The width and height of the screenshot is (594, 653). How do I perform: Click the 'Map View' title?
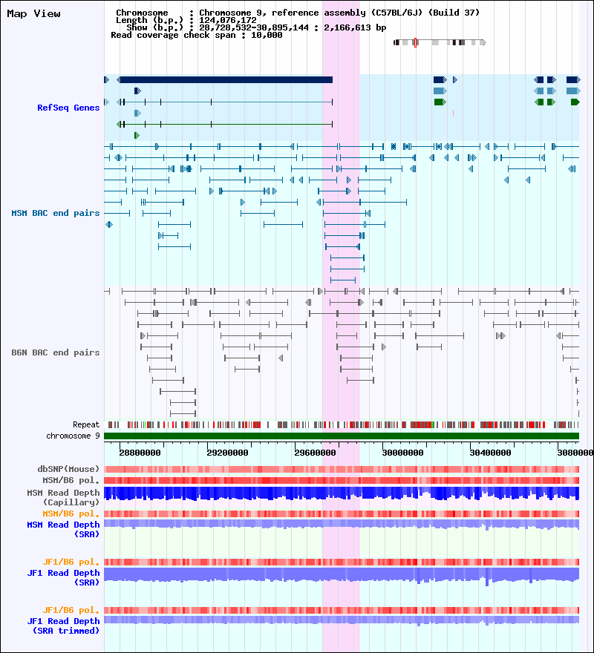coord(33,13)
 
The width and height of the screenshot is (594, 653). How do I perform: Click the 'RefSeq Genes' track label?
coord(68,108)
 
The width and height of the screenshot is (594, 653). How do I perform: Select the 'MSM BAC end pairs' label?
coord(56,213)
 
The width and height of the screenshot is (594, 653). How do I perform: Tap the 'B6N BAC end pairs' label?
coord(56,352)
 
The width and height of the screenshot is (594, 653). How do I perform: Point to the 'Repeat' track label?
coord(86,424)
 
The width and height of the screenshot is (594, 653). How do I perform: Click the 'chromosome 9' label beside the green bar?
coord(73,436)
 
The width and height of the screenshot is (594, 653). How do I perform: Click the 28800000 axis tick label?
coord(140,451)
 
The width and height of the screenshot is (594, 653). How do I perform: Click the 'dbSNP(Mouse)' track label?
coord(68,469)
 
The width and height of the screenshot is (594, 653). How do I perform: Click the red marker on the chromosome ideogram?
coord(415,42)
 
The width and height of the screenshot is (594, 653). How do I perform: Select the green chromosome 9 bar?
coord(342,436)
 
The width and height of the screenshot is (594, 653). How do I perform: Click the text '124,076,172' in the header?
coord(228,20)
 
